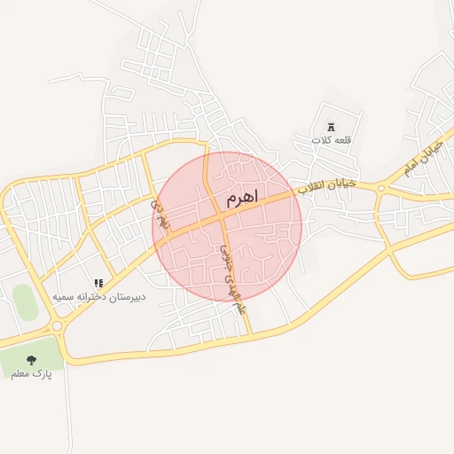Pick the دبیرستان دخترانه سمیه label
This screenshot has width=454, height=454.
tap(98, 296)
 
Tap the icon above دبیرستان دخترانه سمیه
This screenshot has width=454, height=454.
tap(98, 282)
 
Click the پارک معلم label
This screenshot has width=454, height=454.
tap(32, 374)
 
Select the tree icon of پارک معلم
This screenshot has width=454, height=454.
tap(32, 361)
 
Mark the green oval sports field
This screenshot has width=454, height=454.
tap(26, 302)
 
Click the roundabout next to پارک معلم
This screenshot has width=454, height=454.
tap(59, 326)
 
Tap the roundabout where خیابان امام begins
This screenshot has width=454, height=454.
tap(381, 187)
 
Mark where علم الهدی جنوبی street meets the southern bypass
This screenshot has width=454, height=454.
tap(250, 335)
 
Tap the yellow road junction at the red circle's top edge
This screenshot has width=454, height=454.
tap(207, 155)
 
